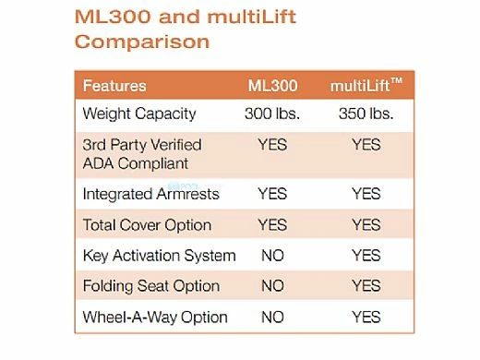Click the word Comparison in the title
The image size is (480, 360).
[x=142, y=42]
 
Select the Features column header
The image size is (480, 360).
[x=114, y=86]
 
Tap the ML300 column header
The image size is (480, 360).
[x=272, y=86]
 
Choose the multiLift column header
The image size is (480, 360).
[x=361, y=86]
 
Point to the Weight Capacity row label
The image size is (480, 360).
[x=139, y=114]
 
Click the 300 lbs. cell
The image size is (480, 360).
[x=272, y=114]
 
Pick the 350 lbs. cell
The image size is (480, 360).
[x=366, y=114]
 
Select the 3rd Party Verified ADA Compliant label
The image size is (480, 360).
[x=142, y=154]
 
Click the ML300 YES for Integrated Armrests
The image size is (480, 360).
[x=272, y=194]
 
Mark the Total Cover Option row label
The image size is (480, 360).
[x=147, y=224]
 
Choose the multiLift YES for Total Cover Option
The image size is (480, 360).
[x=366, y=224]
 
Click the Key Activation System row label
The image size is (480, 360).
[x=159, y=256]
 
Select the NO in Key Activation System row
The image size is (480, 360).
[x=272, y=256]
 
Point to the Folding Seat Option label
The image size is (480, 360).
[x=151, y=286]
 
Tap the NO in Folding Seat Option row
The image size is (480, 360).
[x=272, y=286]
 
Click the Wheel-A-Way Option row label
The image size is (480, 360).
[x=155, y=317]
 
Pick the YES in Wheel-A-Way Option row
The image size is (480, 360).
[x=366, y=317]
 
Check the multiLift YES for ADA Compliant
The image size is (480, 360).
[x=366, y=145]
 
